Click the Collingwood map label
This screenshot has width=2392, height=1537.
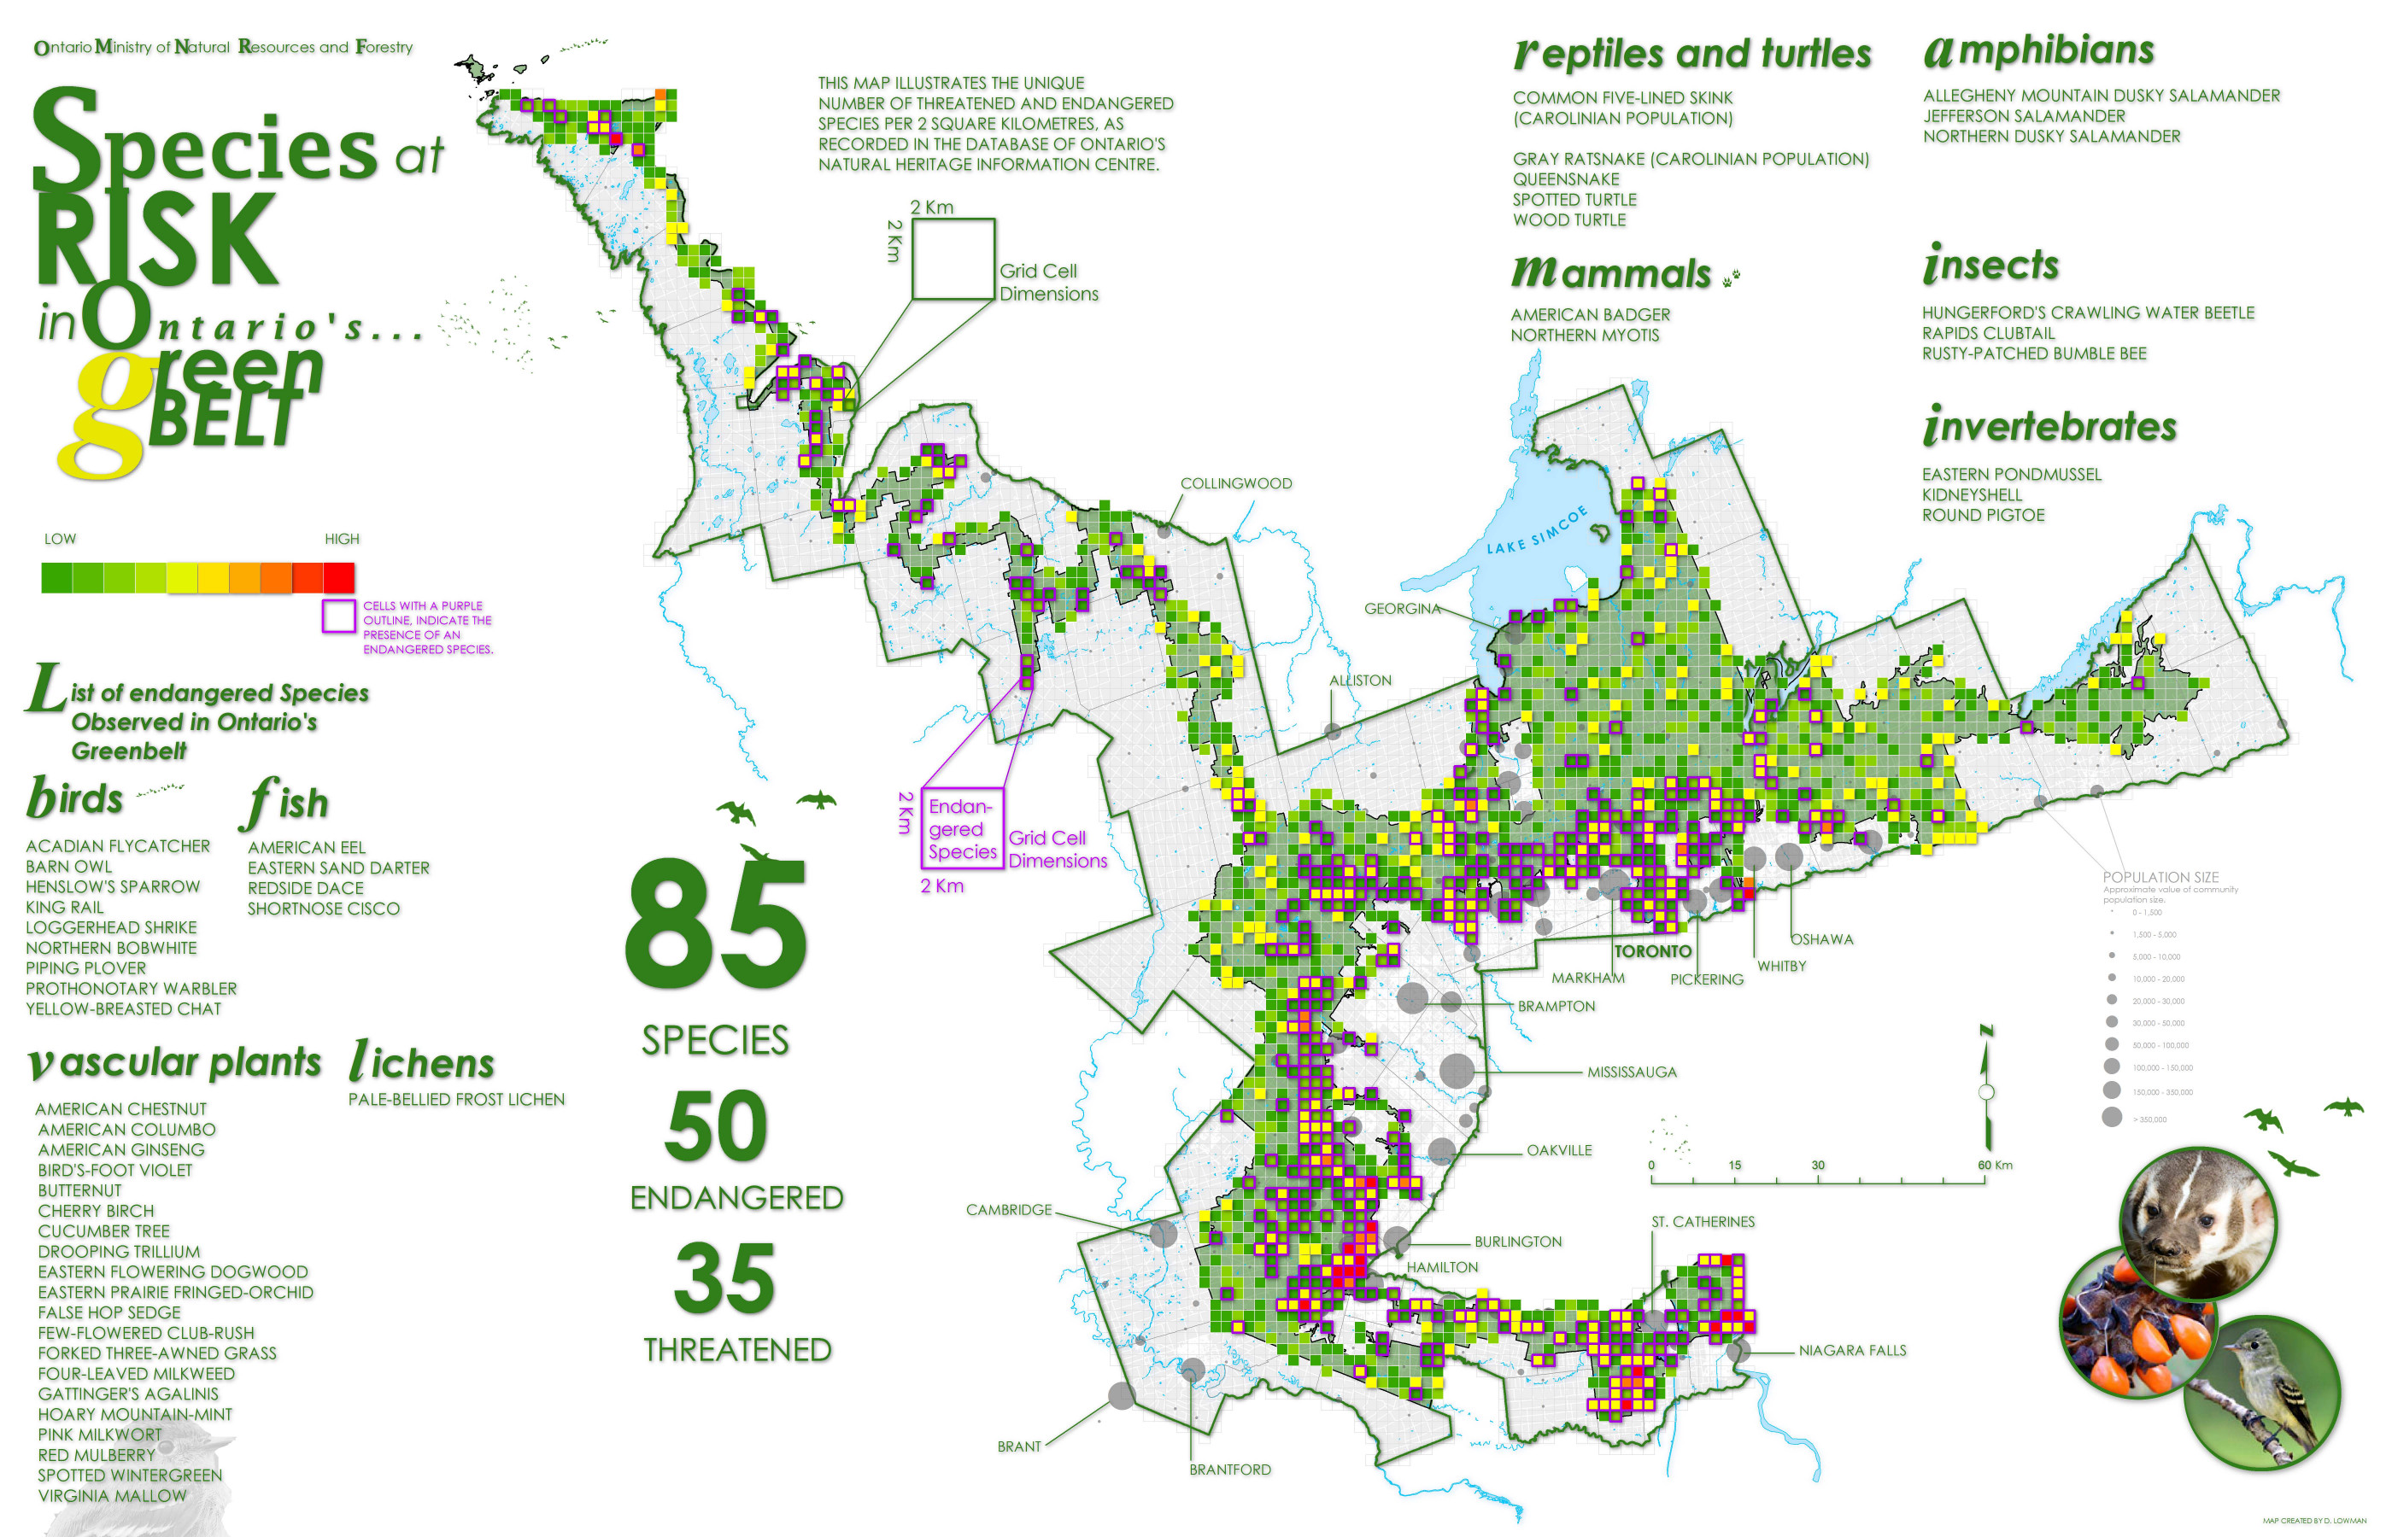1235,484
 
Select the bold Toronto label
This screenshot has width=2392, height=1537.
1652,952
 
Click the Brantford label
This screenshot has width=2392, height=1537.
1229,1470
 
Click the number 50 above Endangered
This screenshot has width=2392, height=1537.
716,1127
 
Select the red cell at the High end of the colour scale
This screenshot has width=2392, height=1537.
339,578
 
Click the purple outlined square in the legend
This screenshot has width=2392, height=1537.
338,616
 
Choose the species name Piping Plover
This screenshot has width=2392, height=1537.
86,969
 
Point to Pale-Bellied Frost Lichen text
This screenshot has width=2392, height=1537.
456,1100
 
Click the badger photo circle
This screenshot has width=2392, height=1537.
2196,1224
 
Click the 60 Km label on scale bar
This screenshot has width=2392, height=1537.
1994,1166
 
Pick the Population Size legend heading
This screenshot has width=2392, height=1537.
2160,877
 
